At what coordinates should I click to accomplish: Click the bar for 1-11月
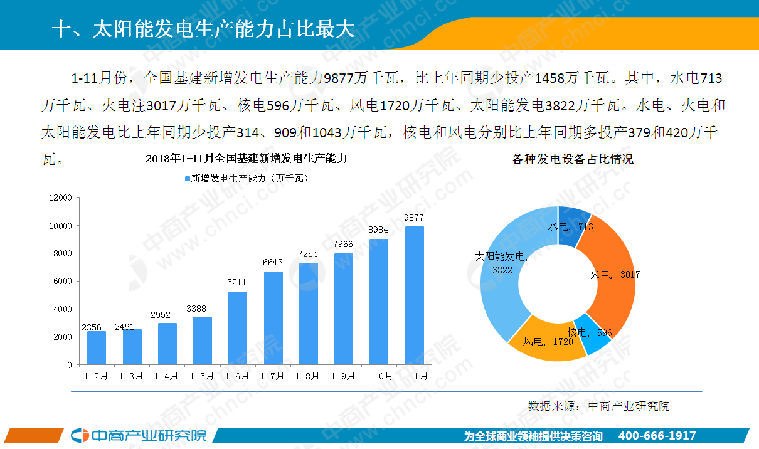point(414,295)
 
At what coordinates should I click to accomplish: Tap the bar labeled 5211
point(238,328)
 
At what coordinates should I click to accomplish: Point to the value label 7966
point(343,244)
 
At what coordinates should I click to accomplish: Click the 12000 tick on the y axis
point(60,198)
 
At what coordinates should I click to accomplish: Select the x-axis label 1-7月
point(273,376)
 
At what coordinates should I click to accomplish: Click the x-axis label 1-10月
point(378,376)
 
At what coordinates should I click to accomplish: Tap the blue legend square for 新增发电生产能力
point(187,179)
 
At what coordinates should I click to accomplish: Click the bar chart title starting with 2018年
point(246,158)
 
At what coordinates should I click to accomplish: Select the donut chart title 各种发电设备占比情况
point(573,159)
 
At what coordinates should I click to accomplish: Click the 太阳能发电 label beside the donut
point(501,256)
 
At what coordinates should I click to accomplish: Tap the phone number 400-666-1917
point(657,436)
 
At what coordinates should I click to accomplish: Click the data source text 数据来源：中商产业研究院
point(598,406)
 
